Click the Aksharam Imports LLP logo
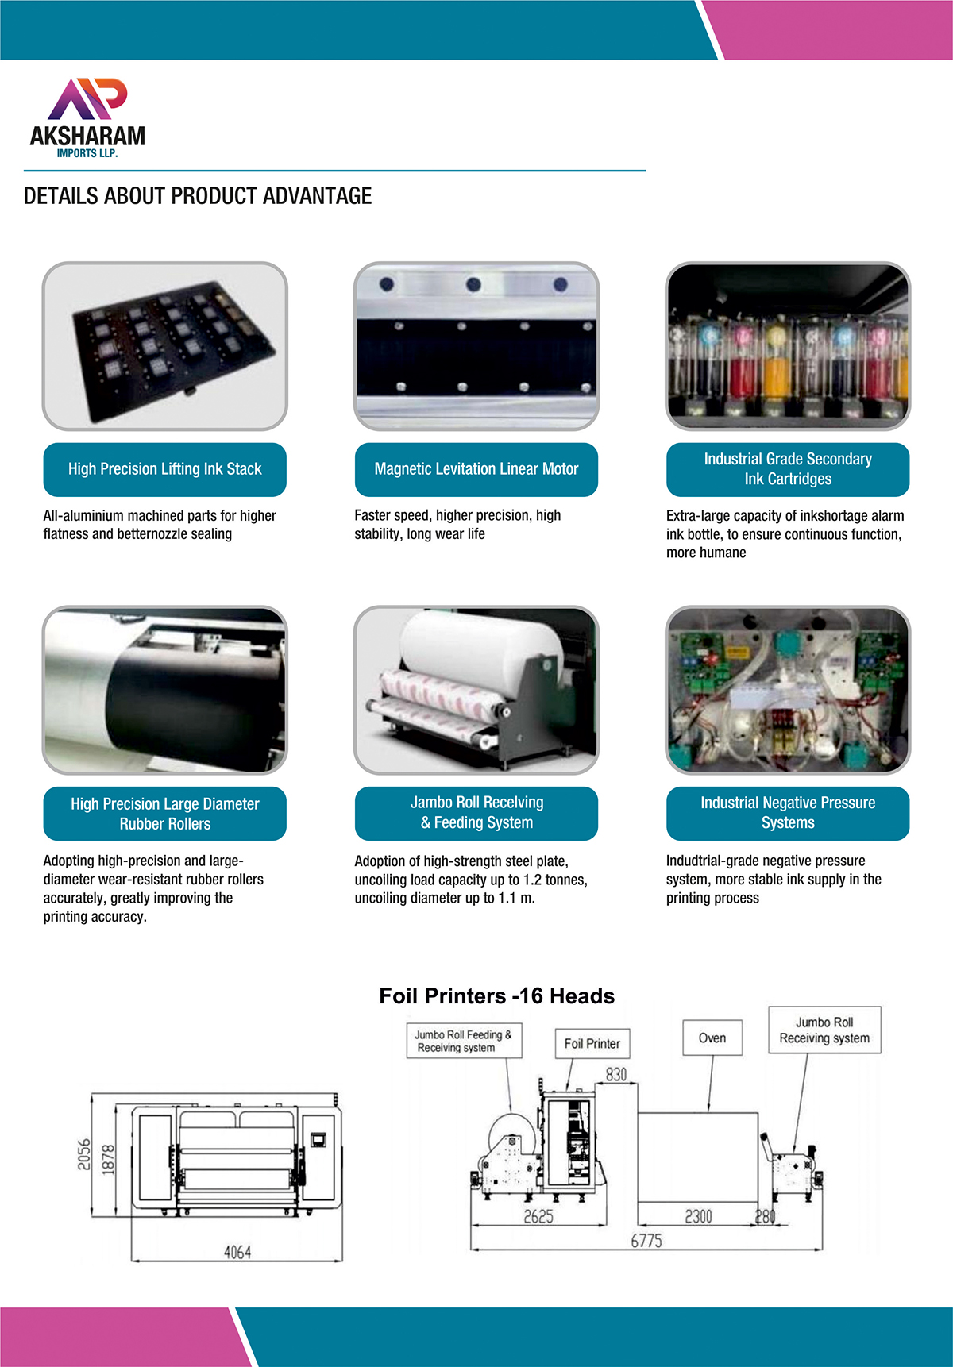(87, 117)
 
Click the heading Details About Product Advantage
(198, 196)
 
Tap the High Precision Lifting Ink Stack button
(165, 469)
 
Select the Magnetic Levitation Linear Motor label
(476, 469)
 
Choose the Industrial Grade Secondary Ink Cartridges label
(788, 469)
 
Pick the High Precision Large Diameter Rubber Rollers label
(165, 814)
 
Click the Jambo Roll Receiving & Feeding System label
(476, 814)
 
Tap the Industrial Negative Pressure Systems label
(788, 814)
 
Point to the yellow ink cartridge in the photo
(777, 366)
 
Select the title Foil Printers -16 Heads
(497, 996)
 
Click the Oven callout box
(712, 1038)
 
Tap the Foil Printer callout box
(592, 1044)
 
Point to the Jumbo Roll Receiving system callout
(824, 1030)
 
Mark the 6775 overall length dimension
(646, 1241)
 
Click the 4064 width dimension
(237, 1252)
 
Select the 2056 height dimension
(84, 1155)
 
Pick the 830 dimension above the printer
(616, 1074)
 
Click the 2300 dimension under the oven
(699, 1216)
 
